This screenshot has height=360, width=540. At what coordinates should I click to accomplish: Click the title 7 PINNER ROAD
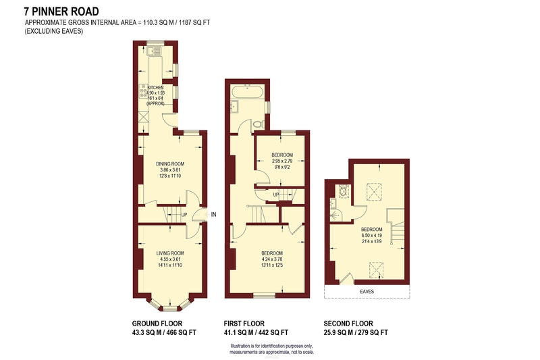(61, 11)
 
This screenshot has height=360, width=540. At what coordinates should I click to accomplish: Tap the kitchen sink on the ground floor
(154, 51)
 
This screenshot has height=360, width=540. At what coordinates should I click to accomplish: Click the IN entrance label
(213, 215)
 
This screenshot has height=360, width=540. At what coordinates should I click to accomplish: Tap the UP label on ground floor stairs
(184, 215)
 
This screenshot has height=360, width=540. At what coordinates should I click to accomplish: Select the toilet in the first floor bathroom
(259, 124)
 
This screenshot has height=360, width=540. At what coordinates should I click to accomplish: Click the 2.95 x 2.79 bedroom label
(282, 161)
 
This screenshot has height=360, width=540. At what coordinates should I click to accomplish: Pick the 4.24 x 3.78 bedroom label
(272, 259)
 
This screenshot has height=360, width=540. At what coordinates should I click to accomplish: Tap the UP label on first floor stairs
(276, 195)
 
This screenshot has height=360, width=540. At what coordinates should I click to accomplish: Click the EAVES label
(367, 292)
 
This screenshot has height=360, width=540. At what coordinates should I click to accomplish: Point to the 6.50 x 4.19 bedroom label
(372, 235)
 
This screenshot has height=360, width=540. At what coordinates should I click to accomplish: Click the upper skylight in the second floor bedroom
(374, 192)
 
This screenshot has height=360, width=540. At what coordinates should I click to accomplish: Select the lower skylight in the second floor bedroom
(377, 270)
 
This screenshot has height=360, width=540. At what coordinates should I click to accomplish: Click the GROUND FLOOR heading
(157, 324)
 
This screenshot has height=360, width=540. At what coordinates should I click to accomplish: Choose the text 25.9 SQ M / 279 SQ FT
(356, 332)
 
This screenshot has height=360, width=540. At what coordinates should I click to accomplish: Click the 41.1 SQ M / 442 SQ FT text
(256, 332)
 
